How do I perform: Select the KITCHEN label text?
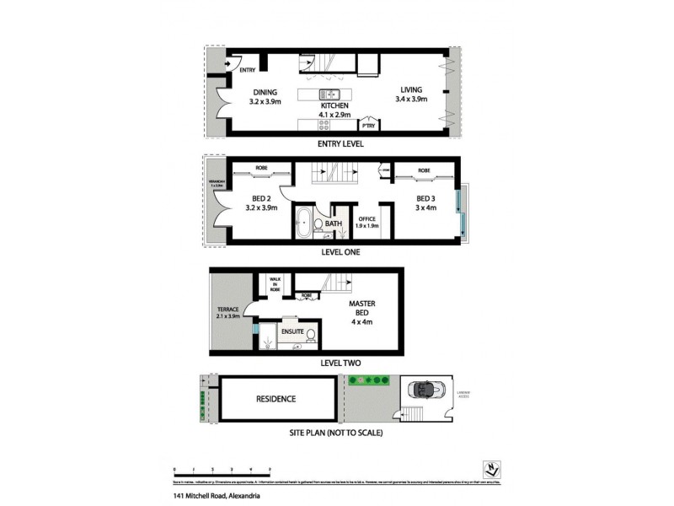click(x=334, y=105)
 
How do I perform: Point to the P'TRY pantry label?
click(x=367, y=125)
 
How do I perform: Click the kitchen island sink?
click(x=330, y=94)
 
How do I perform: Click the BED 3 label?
click(x=425, y=200)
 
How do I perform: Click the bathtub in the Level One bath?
click(x=303, y=225)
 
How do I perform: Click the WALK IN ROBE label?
click(x=275, y=283)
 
